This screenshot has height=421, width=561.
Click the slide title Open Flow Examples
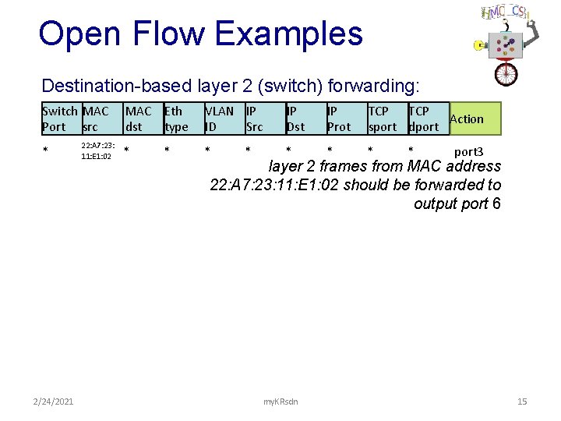(x=200, y=34)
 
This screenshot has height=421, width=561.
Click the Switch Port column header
(x=60, y=119)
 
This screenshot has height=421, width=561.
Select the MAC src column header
(x=96, y=119)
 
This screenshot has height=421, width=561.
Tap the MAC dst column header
(x=139, y=119)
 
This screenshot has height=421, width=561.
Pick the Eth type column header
(x=176, y=119)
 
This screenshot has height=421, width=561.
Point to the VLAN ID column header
(x=219, y=119)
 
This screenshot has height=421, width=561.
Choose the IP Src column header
(x=255, y=119)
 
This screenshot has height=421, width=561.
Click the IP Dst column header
(x=296, y=119)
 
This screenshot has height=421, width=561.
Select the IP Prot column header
(x=339, y=119)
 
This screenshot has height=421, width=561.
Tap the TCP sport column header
(x=383, y=119)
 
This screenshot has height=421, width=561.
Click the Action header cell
(x=467, y=119)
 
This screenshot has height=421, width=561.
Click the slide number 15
(x=522, y=402)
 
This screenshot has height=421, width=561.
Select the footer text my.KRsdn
(x=280, y=402)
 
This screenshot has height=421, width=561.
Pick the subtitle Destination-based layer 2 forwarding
(x=231, y=85)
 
